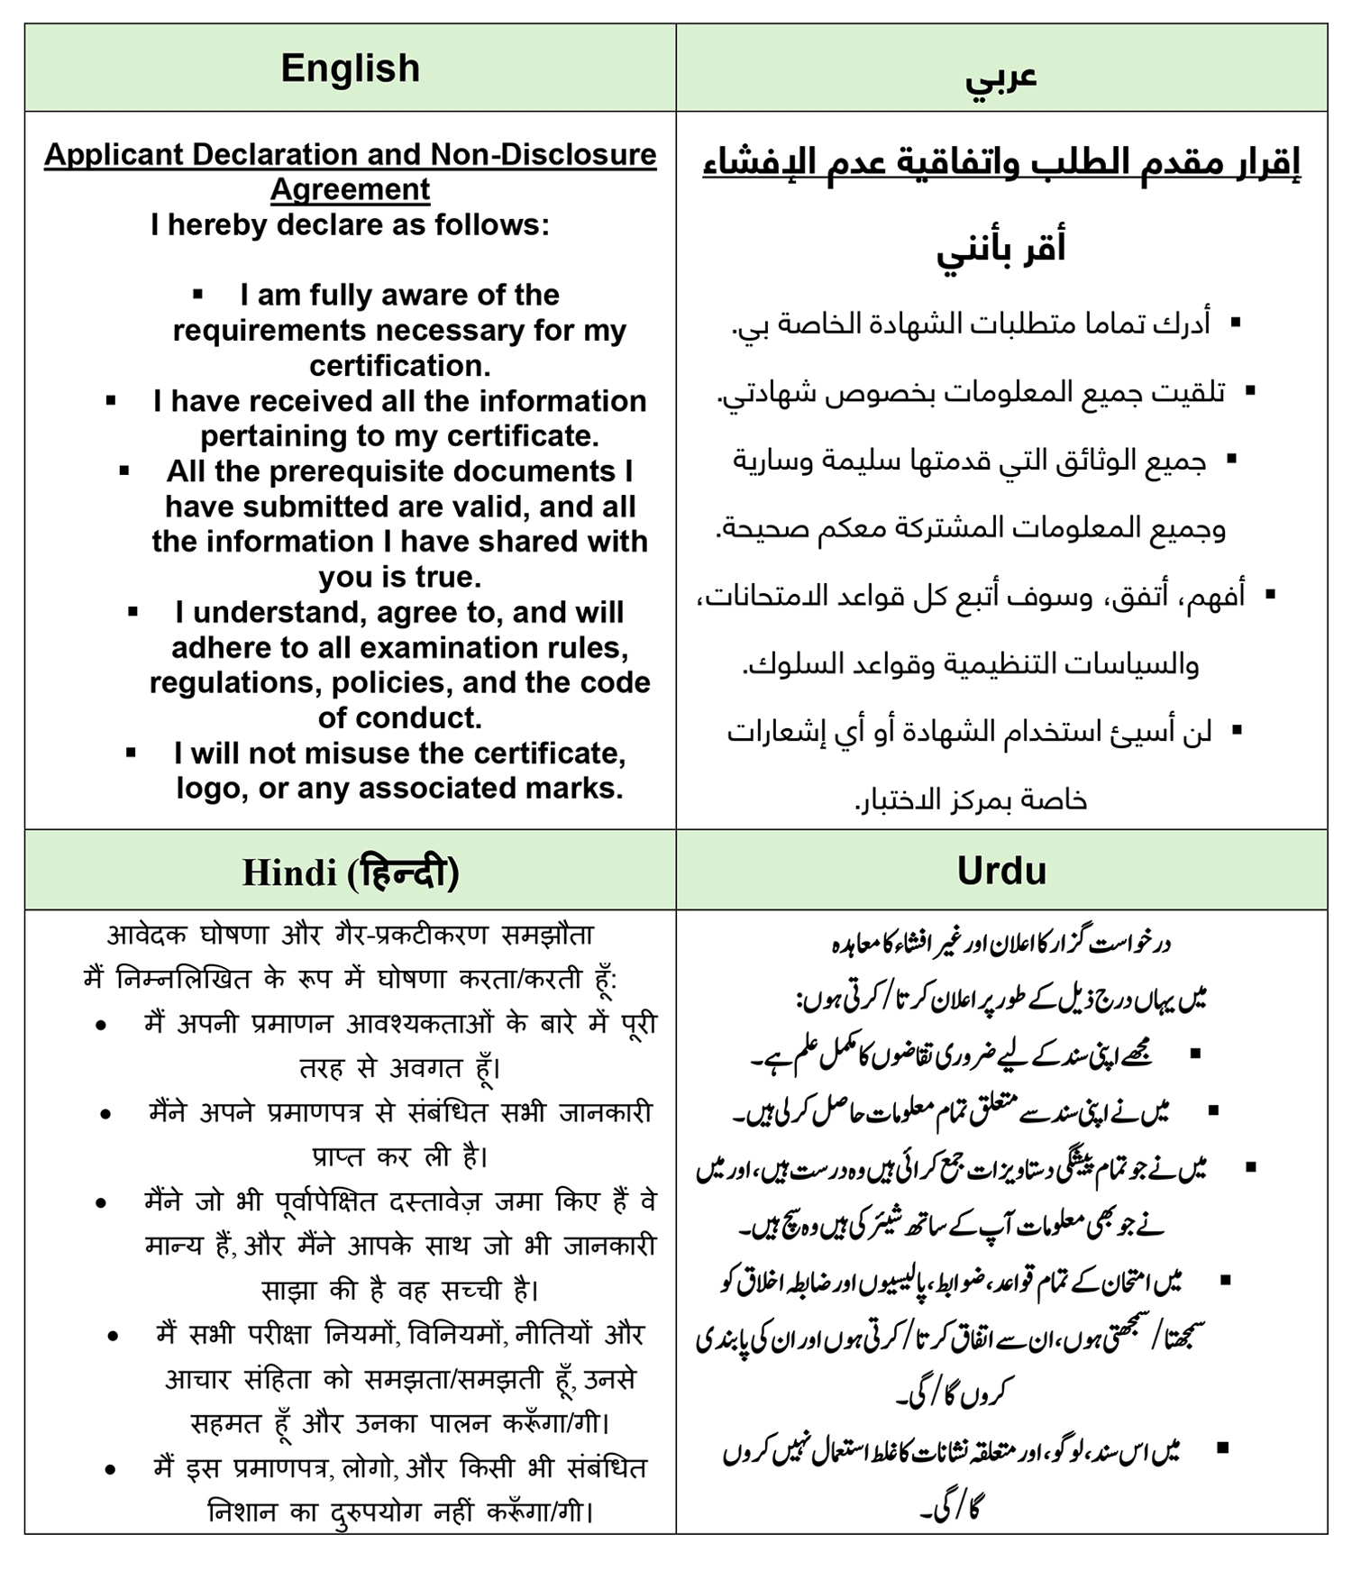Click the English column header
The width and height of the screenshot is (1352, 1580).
click(350, 68)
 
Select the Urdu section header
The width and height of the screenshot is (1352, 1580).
click(1001, 870)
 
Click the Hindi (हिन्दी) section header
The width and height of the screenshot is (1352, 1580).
click(350, 872)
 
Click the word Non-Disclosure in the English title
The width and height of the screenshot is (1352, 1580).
click(543, 154)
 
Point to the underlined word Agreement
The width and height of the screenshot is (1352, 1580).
click(350, 189)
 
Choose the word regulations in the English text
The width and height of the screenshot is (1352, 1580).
click(235, 683)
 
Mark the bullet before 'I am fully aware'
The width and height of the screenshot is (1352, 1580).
click(198, 295)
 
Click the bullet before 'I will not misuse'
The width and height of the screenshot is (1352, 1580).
click(132, 753)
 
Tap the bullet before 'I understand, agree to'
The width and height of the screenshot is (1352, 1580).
click(133, 612)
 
